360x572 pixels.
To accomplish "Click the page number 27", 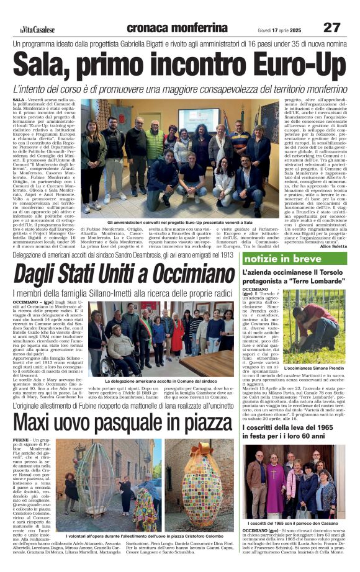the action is (x=332, y=27).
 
